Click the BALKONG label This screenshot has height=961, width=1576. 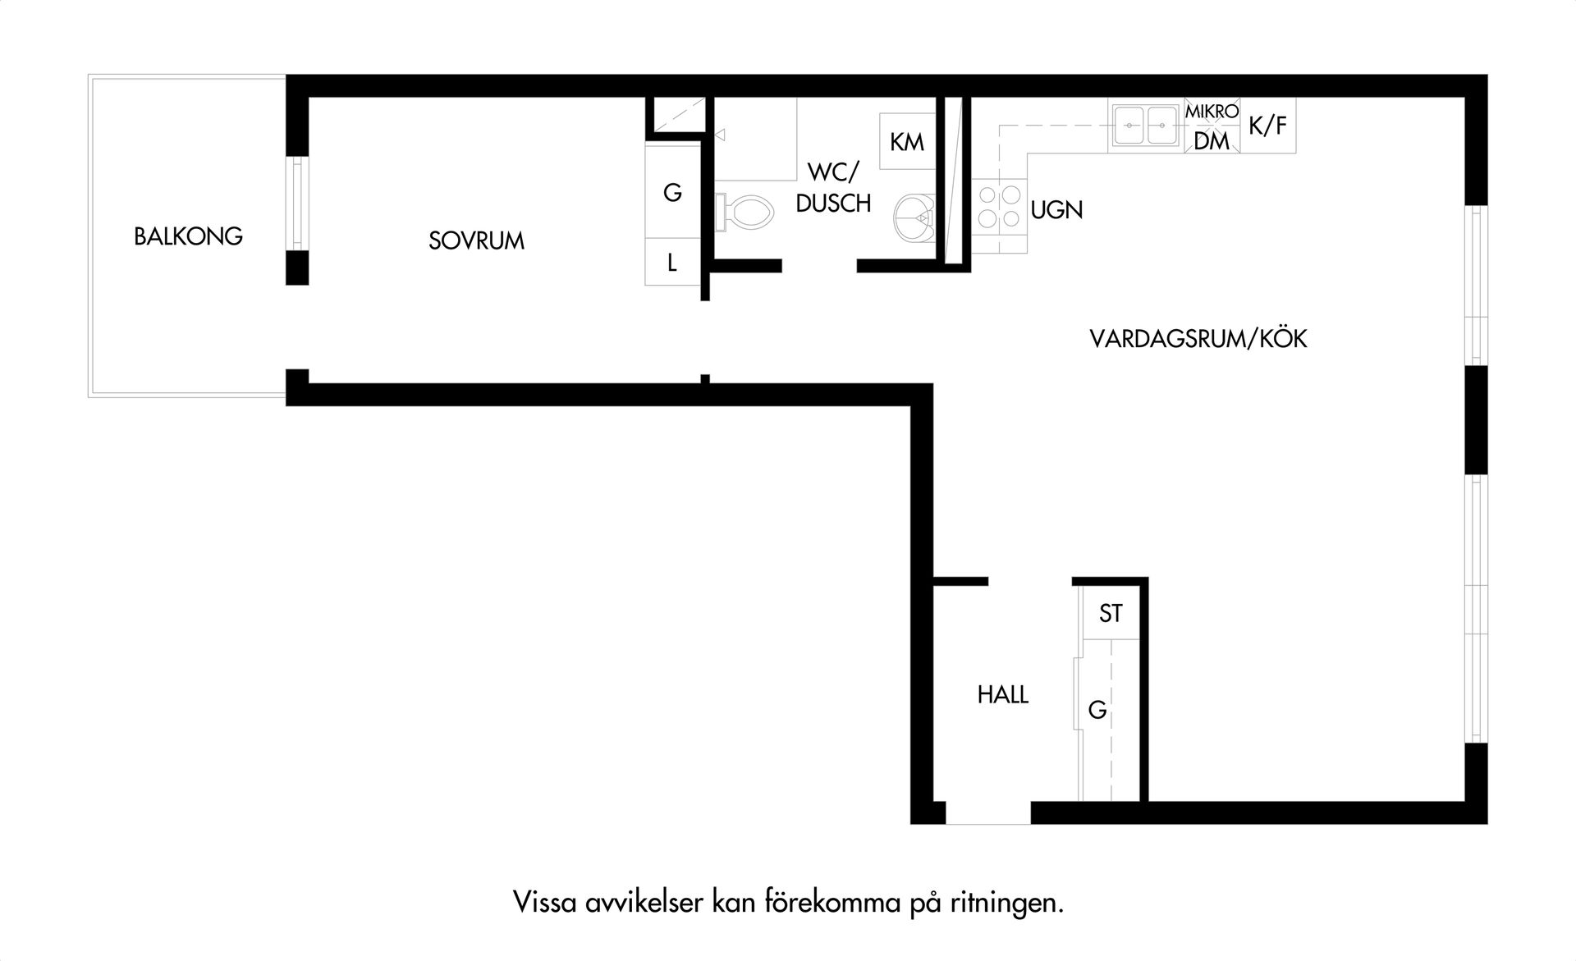point(188,236)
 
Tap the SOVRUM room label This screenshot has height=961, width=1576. point(476,240)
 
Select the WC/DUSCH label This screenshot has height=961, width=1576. point(833,188)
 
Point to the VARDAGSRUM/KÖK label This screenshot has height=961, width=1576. point(1198,338)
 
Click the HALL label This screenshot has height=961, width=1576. point(1002,695)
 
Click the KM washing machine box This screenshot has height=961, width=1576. point(907,142)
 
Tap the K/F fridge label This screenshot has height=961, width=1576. point(1267,126)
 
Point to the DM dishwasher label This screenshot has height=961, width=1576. point(1212,141)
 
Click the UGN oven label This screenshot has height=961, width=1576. point(1056,210)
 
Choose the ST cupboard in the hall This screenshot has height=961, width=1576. point(1111,613)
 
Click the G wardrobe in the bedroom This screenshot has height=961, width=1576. point(672,192)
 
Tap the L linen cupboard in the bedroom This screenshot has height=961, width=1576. point(672,263)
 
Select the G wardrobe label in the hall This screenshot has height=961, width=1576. point(1097,710)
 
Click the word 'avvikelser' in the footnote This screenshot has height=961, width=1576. point(645,903)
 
